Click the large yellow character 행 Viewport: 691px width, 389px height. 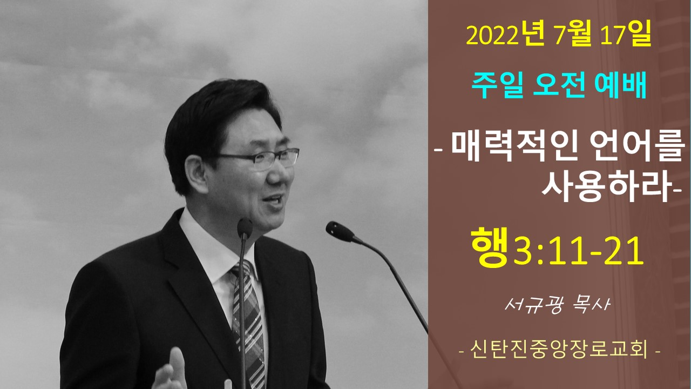click(x=490, y=246)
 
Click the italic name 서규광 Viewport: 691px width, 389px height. click(x=534, y=305)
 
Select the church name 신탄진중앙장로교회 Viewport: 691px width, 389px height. click(x=559, y=351)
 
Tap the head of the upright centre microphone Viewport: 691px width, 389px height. click(x=245, y=229)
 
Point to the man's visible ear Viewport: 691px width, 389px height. click(x=195, y=173)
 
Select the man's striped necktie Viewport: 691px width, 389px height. click(x=249, y=324)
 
